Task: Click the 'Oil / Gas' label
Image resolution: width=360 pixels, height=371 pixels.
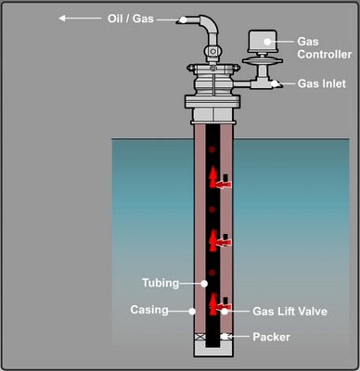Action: coord(131,19)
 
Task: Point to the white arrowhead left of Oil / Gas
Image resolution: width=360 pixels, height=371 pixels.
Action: coord(62,19)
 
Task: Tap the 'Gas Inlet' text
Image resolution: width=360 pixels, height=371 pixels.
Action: coord(322,83)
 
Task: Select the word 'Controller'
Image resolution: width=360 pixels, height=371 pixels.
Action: coord(325,55)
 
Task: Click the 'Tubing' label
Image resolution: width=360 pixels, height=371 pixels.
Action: coord(161,283)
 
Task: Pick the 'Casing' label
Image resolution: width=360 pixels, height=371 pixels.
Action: coord(149,310)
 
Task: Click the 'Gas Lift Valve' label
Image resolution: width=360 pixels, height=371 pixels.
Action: coord(289,311)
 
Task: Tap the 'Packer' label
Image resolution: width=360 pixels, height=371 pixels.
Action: coord(271,337)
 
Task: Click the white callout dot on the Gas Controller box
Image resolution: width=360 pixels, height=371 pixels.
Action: coord(267,42)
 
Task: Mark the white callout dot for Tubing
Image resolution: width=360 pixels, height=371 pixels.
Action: coord(204,283)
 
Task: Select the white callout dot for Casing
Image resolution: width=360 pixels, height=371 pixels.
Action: coord(192,311)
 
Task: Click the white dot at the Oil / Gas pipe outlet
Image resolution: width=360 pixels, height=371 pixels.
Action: coord(184,19)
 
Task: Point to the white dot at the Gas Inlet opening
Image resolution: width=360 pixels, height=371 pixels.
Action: coord(275,83)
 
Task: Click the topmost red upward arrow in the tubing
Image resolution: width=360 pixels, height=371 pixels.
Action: coord(212,177)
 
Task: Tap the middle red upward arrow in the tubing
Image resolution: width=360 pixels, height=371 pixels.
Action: coord(212,240)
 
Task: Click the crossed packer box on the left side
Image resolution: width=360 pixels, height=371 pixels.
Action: coord(197,337)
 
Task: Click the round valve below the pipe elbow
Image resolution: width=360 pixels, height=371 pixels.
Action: coord(212,50)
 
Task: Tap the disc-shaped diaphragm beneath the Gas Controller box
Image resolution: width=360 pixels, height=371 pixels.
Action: coord(263,61)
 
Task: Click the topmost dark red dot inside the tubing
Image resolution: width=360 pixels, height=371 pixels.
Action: coord(212,150)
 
